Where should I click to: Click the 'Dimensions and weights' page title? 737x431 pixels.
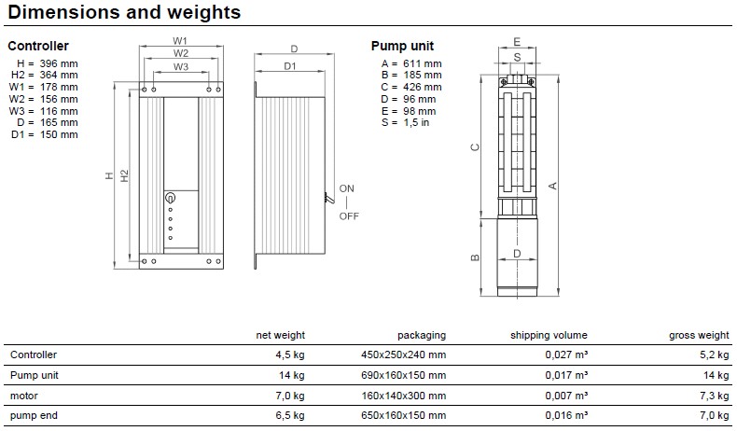124,12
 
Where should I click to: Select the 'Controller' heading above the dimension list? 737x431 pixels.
38,46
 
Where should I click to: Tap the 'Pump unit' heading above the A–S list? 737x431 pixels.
402,46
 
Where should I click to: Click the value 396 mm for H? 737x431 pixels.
59,63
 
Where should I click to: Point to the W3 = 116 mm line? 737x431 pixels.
43,111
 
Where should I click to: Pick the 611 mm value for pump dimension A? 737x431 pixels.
422,63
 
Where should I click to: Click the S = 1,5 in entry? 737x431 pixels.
405,122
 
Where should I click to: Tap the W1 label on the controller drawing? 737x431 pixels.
180,41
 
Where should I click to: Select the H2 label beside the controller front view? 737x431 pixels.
124,175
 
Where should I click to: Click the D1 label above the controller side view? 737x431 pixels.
290,66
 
